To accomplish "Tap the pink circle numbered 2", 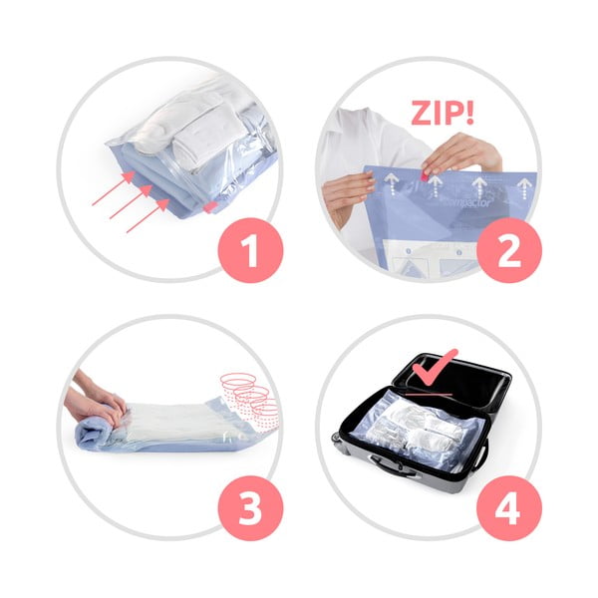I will click(x=508, y=248).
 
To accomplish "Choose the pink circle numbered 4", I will click(x=508, y=508).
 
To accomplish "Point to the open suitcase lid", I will click(x=453, y=384).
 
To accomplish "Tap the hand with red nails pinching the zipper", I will click(x=460, y=154).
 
